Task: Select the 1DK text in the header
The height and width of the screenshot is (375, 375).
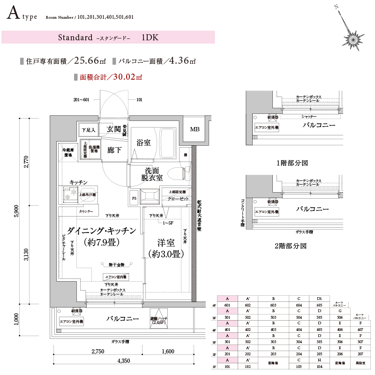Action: (150, 37)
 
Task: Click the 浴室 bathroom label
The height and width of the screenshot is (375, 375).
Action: (143, 142)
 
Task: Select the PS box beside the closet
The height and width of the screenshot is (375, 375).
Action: (134, 198)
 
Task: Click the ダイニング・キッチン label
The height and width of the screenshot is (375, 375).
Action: (101, 231)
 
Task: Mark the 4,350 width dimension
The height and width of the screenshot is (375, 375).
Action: (124, 361)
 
